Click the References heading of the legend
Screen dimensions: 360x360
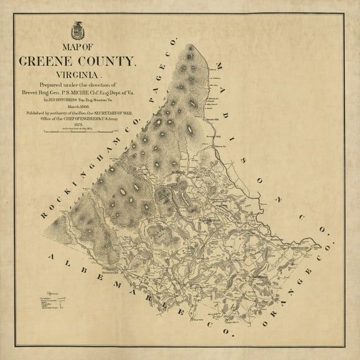tap(38, 292)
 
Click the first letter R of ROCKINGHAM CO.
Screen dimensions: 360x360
tap(44, 216)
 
